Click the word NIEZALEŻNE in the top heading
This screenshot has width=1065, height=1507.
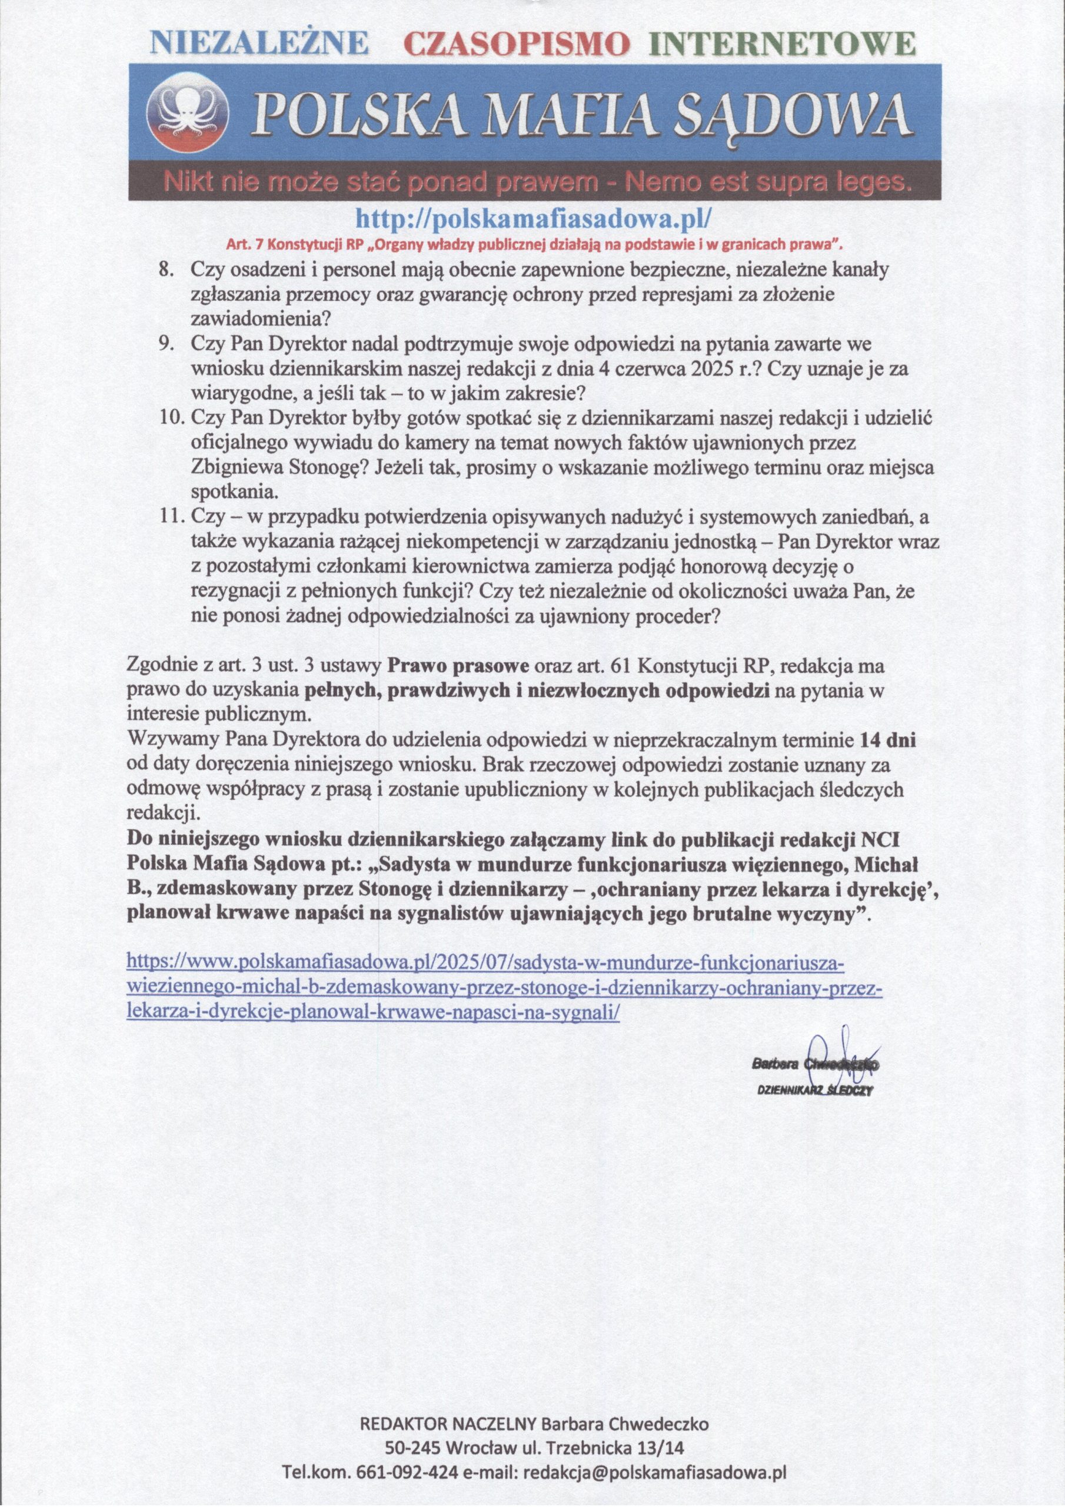[260, 44]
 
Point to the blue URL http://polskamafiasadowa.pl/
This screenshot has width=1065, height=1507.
[533, 216]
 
